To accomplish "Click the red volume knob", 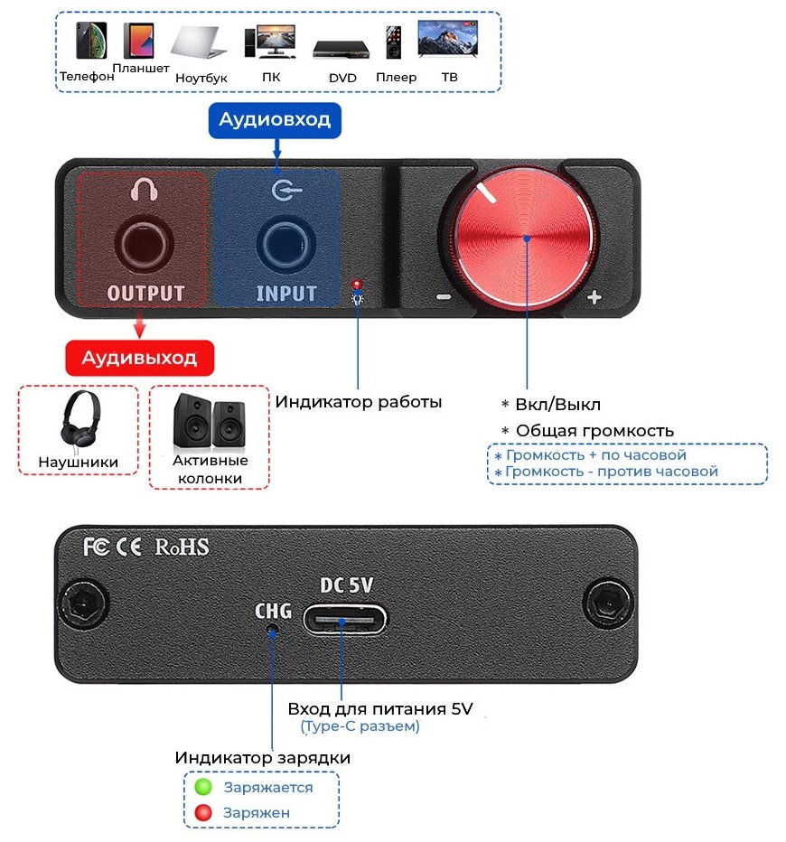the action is [x=528, y=239].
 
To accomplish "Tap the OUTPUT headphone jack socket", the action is [x=144, y=243].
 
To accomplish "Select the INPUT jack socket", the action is [x=285, y=243].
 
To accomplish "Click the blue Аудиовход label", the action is [x=276, y=119].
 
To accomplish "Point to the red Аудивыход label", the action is [x=139, y=358].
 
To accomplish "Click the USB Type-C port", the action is [x=344, y=619].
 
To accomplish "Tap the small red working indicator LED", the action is [x=358, y=283].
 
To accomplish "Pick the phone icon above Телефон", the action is [x=90, y=42].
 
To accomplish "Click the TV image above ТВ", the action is [x=447, y=40].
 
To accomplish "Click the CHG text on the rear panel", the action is [x=273, y=612].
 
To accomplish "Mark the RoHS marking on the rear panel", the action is [x=182, y=547].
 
